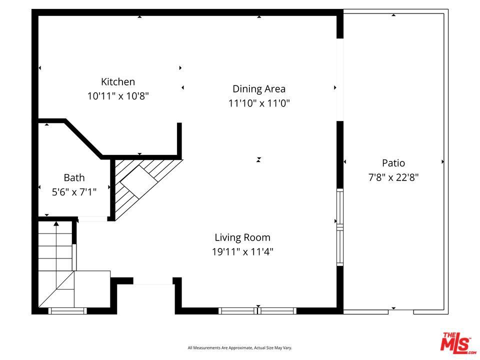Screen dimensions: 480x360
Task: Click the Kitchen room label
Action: [x=118, y=81]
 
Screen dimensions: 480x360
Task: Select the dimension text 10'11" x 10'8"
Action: [x=118, y=96]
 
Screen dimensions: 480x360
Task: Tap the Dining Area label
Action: [x=259, y=89]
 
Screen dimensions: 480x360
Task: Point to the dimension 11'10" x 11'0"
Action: [x=259, y=103]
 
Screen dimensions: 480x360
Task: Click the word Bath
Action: [x=74, y=177]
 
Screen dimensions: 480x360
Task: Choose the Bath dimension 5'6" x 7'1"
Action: [x=74, y=192]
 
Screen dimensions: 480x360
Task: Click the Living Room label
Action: [x=242, y=237]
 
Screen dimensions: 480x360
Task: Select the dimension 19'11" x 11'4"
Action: [x=242, y=251]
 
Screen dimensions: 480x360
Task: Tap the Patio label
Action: [x=393, y=163]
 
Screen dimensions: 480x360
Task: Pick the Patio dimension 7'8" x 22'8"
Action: [x=393, y=177]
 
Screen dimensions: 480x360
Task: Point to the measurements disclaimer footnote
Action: [x=239, y=348]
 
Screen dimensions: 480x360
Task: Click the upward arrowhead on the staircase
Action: [x=56, y=224]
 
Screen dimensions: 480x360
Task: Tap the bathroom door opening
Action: [x=93, y=219]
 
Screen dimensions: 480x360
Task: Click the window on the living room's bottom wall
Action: [x=257, y=310]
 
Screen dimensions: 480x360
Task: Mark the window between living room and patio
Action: [x=340, y=227]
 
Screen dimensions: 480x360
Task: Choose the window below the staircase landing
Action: [x=67, y=311]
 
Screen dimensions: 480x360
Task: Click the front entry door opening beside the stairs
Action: [x=153, y=282]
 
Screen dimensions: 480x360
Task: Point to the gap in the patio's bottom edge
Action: [x=401, y=311]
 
